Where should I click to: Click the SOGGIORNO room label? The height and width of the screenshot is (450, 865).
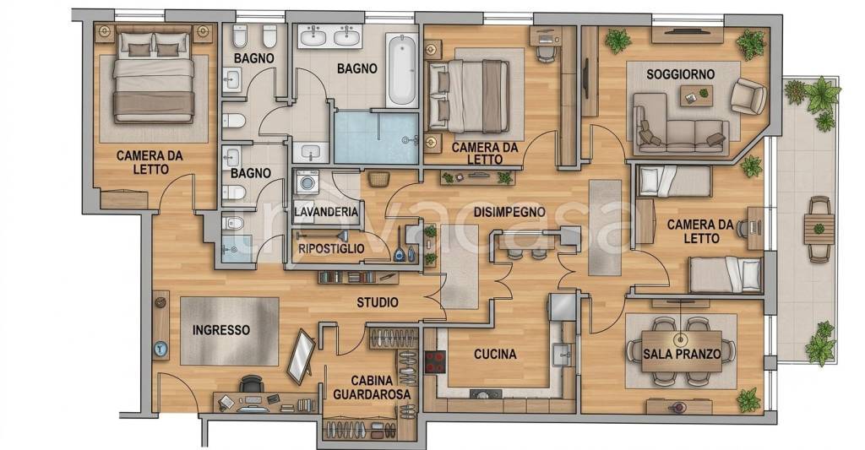(680, 74)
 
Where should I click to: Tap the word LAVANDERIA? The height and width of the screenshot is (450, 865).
(326, 212)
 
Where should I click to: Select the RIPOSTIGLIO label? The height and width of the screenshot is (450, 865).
(331, 249)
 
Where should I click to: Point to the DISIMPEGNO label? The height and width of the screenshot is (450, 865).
(509, 212)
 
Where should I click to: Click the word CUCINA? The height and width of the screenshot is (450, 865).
(495, 354)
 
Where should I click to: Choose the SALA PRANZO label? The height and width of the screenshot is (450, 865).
(682, 354)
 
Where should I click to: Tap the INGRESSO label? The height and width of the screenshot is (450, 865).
(221, 330)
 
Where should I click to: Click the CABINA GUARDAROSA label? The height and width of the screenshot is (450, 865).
(372, 388)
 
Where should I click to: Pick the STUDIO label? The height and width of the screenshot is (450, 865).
(378, 302)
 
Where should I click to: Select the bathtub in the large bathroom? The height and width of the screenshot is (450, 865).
(401, 70)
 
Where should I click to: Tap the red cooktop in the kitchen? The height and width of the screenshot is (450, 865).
(435, 361)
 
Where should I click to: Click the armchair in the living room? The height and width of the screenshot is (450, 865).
(748, 96)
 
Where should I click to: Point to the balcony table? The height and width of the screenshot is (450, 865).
(819, 228)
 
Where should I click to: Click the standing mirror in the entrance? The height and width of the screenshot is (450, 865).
(302, 357)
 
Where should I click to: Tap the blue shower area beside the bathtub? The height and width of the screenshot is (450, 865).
(376, 138)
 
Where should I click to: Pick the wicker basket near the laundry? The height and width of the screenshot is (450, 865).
(378, 179)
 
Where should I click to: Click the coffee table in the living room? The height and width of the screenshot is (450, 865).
(696, 96)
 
